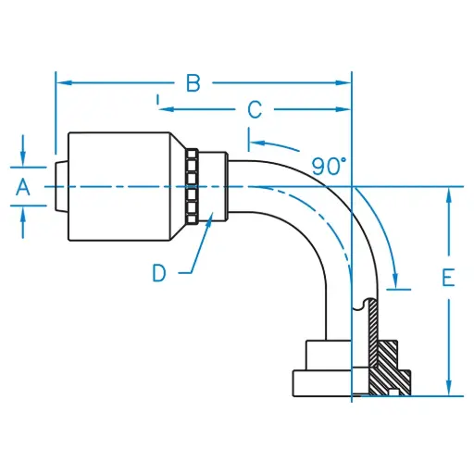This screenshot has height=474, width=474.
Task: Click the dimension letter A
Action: (24, 187)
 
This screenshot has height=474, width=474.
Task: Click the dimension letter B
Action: (193, 83)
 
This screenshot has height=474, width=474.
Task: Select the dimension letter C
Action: (254, 109)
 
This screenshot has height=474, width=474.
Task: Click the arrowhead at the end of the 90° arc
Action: (397, 282)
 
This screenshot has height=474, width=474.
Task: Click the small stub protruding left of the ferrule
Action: (60, 187)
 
